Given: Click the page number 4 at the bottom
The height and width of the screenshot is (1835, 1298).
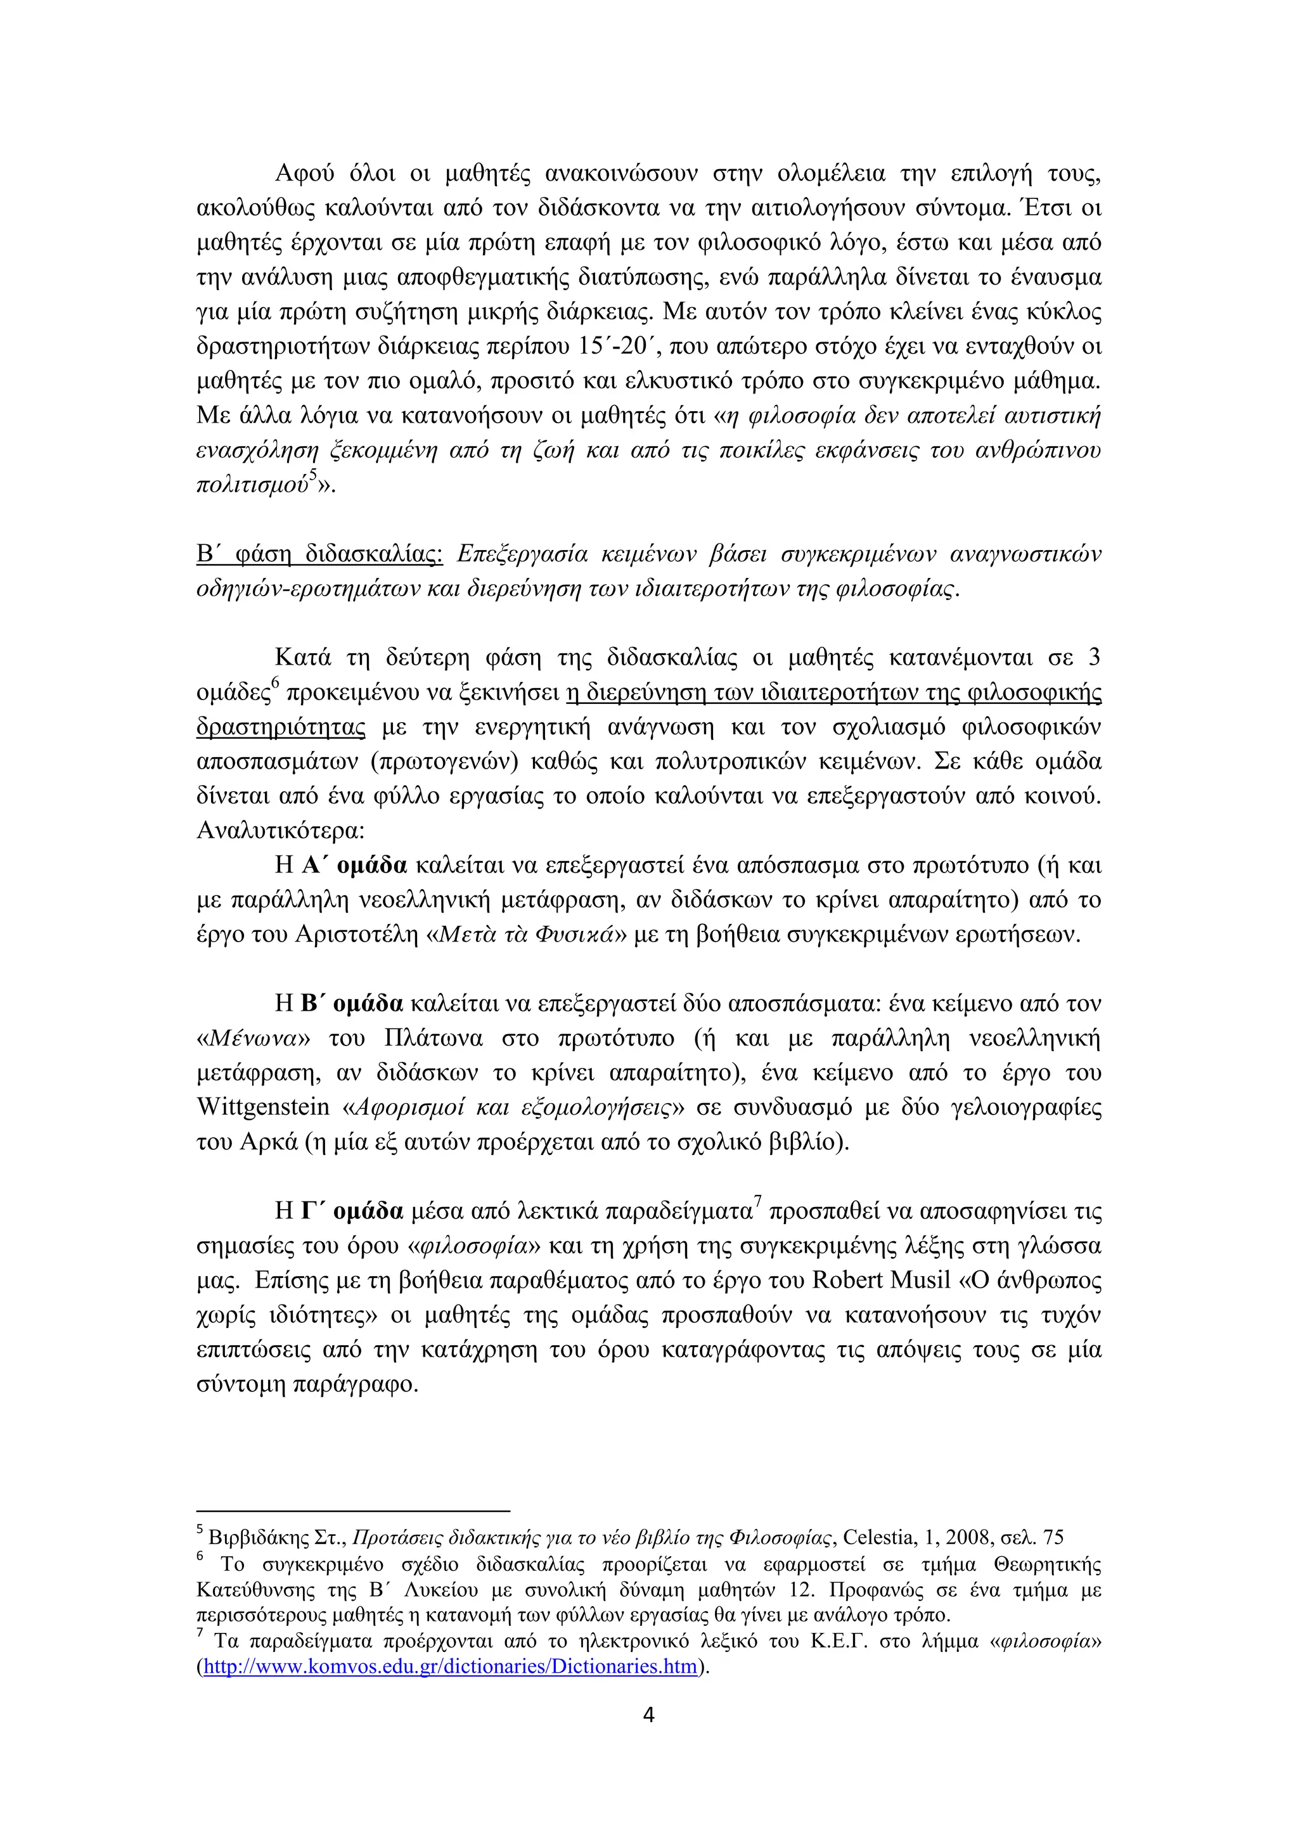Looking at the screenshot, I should pos(648,1715).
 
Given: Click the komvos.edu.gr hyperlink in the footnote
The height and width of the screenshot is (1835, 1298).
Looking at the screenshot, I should pos(451,1667).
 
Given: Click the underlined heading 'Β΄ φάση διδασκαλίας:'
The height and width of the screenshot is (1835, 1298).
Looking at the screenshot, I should pos(319,554).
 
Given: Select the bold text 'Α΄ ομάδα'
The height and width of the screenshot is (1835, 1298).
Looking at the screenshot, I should pos(354,865).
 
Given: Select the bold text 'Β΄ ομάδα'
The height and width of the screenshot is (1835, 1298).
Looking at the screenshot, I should pos(352,1003).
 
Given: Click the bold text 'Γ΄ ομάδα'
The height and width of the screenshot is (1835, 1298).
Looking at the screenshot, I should pos(352,1211).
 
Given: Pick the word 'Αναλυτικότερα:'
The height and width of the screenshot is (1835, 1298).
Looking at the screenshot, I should pos(281,831).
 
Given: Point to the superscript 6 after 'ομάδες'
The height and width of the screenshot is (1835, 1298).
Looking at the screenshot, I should pos(275,682).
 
